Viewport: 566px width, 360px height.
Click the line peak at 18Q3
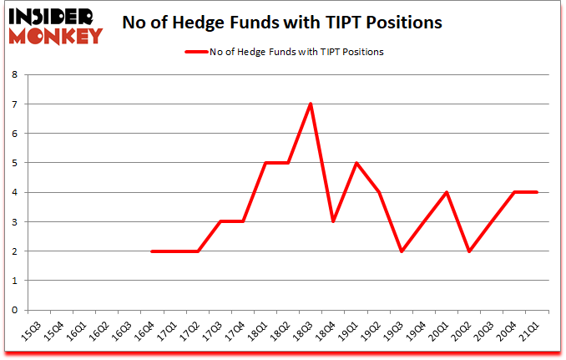pos(311,104)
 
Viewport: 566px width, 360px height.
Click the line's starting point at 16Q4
pos(152,251)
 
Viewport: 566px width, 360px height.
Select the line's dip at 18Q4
pos(333,221)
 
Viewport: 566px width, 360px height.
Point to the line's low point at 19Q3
pos(402,251)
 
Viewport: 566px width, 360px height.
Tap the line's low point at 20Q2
pos(469,251)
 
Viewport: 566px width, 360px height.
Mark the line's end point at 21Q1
pos(537,192)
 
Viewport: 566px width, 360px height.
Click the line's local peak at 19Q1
pos(356,163)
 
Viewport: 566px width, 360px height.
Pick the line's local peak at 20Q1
pos(447,192)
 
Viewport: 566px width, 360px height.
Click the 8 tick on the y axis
pos(14,75)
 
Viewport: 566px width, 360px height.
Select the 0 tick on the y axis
pos(14,310)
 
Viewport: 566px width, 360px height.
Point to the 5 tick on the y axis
pos(14,163)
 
